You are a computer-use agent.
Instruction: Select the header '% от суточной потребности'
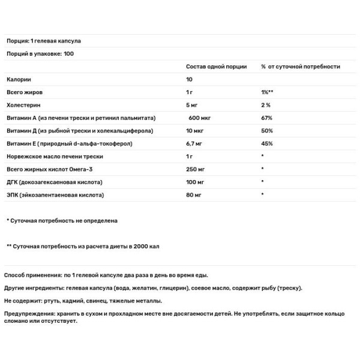tap(301, 67)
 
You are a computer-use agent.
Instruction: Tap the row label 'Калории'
tap(19, 79)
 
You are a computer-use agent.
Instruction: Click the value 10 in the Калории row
tap(190, 79)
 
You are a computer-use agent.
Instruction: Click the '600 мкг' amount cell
tap(200, 118)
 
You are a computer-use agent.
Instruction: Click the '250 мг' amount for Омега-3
tap(196, 170)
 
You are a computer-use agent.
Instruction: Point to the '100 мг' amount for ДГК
tap(196, 182)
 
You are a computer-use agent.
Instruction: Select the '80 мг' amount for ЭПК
tap(194, 196)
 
